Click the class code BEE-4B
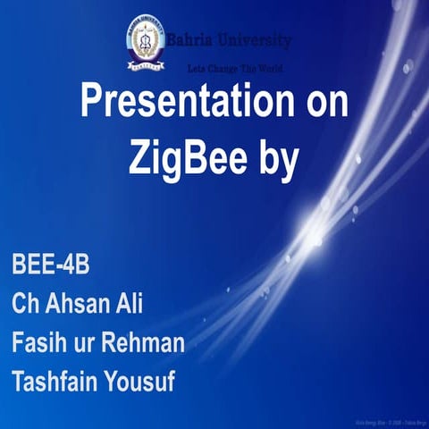point(52,266)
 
